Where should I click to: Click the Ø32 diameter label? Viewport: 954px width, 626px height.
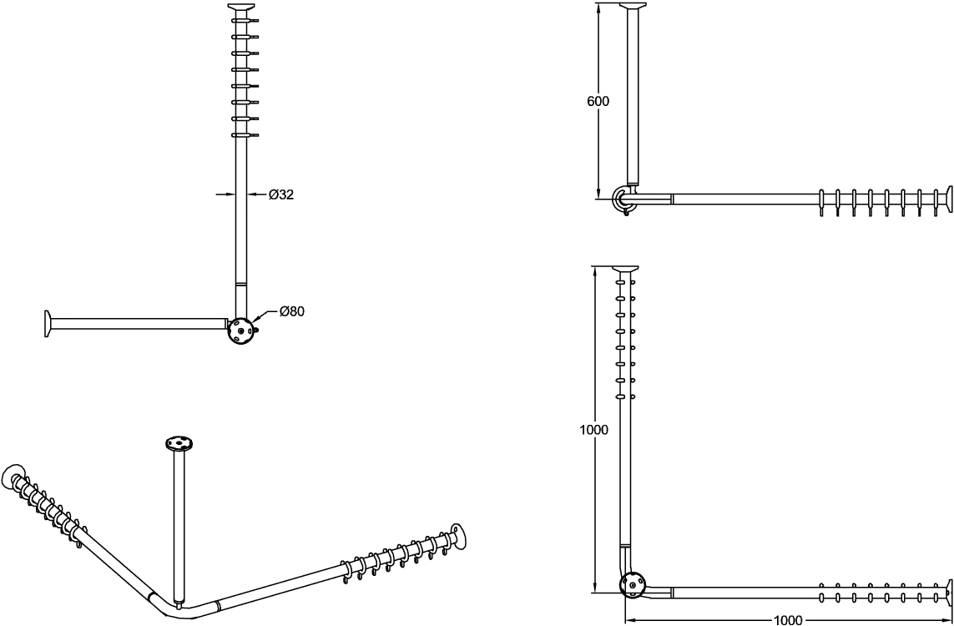click(280, 194)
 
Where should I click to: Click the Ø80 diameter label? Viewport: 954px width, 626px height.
click(292, 311)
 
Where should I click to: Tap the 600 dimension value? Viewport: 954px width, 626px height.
click(598, 102)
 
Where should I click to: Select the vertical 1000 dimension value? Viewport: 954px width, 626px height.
click(593, 430)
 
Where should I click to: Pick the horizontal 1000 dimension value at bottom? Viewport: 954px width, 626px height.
click(787, 620)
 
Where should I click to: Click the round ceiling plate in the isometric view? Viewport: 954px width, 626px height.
click(179, 443)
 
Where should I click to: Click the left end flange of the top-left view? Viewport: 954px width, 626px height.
click(48, 323)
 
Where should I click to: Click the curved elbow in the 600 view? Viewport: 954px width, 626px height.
click(623, 198)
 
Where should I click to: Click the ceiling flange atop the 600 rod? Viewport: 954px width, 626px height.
click(633, 6)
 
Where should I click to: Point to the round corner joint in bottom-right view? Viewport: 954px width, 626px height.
click(632, 585)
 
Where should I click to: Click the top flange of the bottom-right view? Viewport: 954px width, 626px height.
click(625, 269)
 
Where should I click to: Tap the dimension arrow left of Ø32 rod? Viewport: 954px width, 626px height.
click(225, 194)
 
